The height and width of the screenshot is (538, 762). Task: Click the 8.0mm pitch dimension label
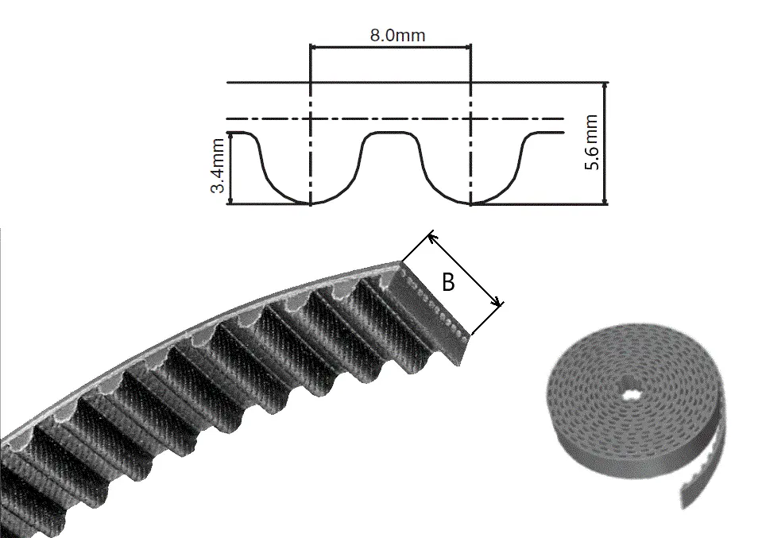pyautogui.click(x=397, y=36)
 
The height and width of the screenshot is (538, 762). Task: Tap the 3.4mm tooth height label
pyautogui.click(x=218, y=166)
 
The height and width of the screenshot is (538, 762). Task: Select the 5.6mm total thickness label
pyautogui.click(x=591, y=142)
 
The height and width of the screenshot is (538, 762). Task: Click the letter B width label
pyautogui.click(x=448, y=282)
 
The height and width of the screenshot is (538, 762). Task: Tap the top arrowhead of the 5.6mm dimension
pyautogui.click(x=605, y=87)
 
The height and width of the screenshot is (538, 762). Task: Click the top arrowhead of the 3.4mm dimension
pyautogui.click(x=231, y=136)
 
